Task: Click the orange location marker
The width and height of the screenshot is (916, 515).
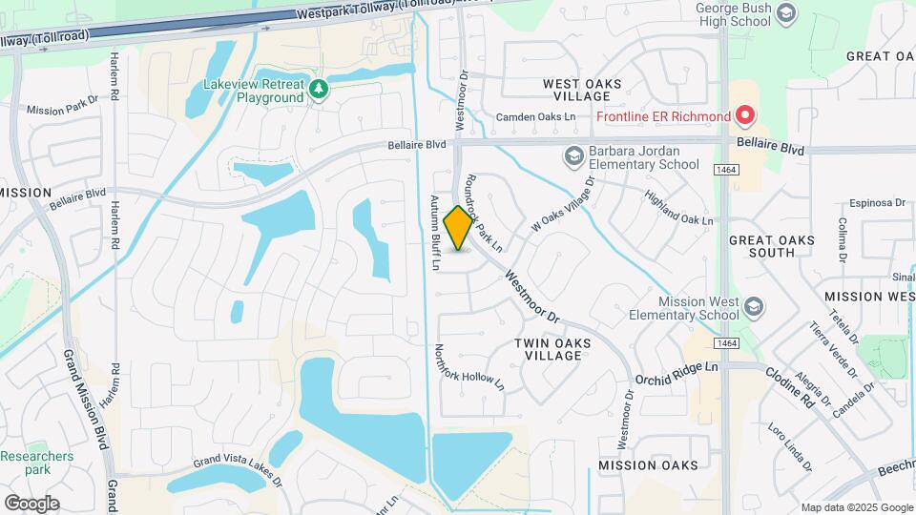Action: [459, 228]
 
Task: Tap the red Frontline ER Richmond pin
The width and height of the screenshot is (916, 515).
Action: [746, 116]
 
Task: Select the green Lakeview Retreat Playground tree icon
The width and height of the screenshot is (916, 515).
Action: [320, 91]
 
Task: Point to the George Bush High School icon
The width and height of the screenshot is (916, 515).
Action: [786, 13]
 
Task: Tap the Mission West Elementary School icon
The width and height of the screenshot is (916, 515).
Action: [754, 306]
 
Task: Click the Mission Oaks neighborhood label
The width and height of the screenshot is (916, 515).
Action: [648, 464]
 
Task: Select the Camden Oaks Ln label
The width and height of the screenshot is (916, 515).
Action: [536, 118]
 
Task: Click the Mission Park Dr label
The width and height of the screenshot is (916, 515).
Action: [63, 104]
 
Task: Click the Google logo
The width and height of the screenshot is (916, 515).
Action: [31, 503]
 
